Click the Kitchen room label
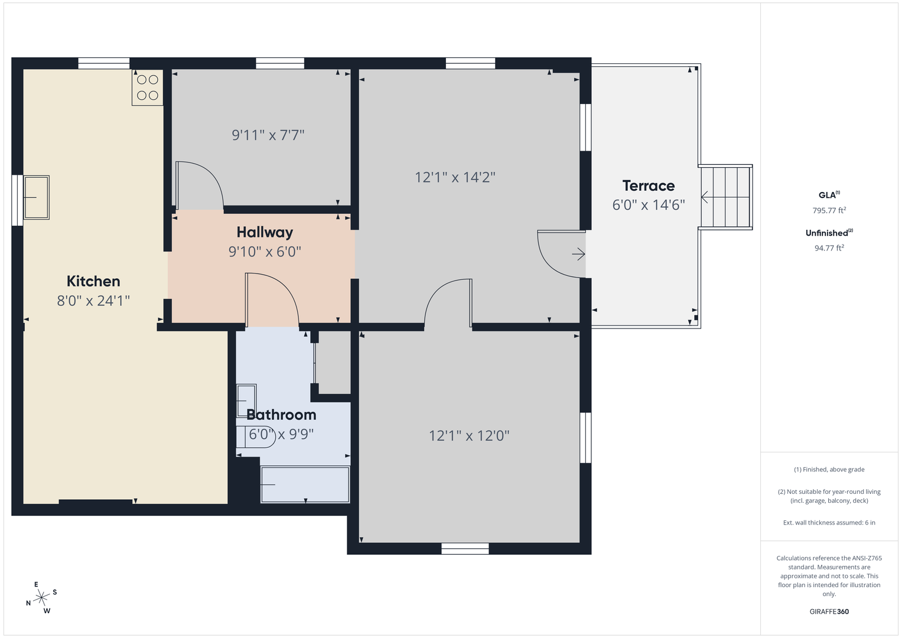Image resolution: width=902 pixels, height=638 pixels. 93,281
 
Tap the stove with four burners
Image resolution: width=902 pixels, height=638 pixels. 148,87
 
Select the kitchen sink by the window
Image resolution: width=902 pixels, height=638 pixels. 36,197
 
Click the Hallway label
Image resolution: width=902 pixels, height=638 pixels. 265,232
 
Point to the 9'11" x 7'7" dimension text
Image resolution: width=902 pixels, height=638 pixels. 268,135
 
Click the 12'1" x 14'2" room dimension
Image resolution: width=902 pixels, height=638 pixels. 455,177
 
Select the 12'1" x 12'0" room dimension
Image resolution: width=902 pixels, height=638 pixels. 469,435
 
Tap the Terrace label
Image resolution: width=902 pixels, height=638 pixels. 649,185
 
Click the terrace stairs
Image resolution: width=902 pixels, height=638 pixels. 725,197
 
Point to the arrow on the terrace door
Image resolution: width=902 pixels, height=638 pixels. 579,254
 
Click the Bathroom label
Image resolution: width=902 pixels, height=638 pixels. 281,415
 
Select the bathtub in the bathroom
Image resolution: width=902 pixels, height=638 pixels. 305,484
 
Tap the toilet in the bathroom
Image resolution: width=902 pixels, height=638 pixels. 256,437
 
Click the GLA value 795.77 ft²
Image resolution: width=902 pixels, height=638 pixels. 829,210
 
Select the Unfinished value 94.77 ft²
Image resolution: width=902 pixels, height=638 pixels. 829,248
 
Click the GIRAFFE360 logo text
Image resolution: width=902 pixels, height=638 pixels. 829,611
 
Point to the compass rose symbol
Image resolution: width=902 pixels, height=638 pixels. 41,598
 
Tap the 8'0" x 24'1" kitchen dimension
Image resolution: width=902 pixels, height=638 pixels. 93,301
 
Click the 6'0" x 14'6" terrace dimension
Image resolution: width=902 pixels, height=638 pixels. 649,205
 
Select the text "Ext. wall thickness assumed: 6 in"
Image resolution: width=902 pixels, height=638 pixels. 829,522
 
